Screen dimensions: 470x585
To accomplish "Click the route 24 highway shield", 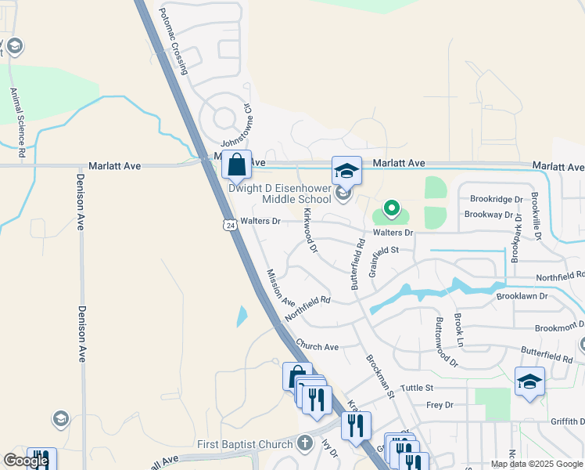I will tap(228, 225).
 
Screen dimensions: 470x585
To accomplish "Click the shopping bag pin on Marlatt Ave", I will tap(236, 165).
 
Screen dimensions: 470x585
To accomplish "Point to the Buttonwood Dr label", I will tap(446, 342).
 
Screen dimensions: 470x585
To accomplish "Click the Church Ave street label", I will tap(318, 345).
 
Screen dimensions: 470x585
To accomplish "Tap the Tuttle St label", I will tap(417, 388).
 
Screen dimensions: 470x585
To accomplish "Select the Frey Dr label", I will tap(440, 404).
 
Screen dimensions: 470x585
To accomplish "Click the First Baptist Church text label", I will tap(244, 444).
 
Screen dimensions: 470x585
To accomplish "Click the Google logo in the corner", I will tap(26, 461).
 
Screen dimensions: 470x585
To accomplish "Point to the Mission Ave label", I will tap(280, 288).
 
